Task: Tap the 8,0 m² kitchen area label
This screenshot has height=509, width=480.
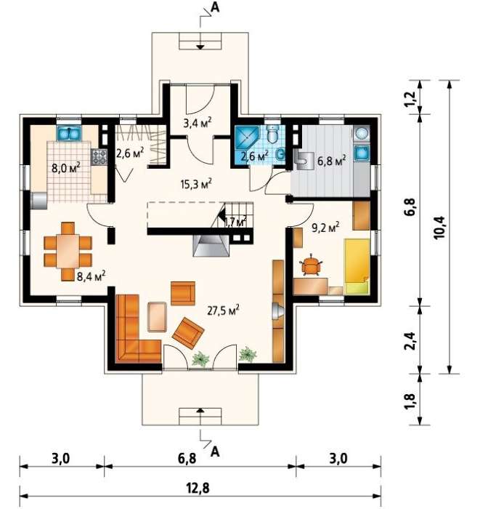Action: [x=66, y=167]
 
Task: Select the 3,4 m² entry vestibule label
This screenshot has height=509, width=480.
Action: [x=198, y=122]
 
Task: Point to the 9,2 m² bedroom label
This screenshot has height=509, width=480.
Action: [x=325, y=227]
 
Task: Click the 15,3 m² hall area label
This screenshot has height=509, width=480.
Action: [x=196, y=183]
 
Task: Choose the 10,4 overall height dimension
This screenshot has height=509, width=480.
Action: [x=440, y=227]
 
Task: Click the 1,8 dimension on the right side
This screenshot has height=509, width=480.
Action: [x=410, y=401]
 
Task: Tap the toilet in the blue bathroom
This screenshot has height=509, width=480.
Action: [x=273, y=134]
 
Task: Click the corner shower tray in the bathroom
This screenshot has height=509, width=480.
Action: [x=246, y=137]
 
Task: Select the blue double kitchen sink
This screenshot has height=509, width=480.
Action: [x=69, y=133]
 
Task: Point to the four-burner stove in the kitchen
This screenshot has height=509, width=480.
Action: [x=99, y=156]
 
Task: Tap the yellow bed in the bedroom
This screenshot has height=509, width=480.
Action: [x=357, y=267]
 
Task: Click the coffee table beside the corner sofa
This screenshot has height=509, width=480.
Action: [x=157, y=317]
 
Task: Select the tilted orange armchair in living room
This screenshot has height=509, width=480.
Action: [x=188, y=333]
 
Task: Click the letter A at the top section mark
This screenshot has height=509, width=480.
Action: [x=215, y=7]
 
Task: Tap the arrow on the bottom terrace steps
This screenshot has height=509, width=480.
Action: [x=200, y=410]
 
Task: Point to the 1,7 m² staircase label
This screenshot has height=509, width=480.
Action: [x=235, y=222]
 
